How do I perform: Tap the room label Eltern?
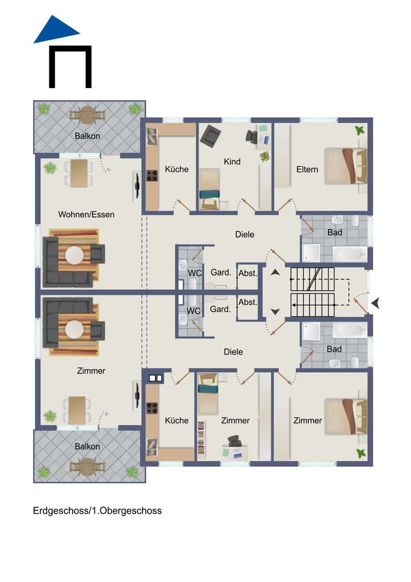point(307,169)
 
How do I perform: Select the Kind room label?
point(232,161)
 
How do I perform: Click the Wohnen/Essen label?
point(86,214)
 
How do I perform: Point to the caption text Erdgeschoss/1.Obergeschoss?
point(97,510)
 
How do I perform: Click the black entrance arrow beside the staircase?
point(375,304)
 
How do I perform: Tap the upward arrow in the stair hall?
point(275,272)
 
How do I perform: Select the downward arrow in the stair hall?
point(275,312)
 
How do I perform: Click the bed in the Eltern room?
point(345,167)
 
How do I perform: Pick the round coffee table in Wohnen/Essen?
point(74,255)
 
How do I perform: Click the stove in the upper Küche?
point(152,176)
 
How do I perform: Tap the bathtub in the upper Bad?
point(350,254)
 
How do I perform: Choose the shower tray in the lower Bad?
point(311,331)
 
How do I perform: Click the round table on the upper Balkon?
point(87,115)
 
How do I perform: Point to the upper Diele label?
point(245,234)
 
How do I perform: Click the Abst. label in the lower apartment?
point(248,302)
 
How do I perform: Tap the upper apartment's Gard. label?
point(220,272)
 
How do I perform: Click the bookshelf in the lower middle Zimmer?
point(201,438)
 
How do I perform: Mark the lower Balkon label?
point(87,446)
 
